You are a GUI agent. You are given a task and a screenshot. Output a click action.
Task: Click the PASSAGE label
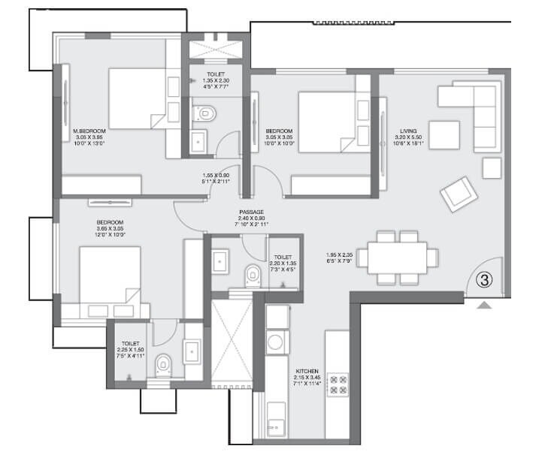tap(250, 212)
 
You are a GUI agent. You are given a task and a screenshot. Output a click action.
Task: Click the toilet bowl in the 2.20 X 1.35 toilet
tap(253, 275)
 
